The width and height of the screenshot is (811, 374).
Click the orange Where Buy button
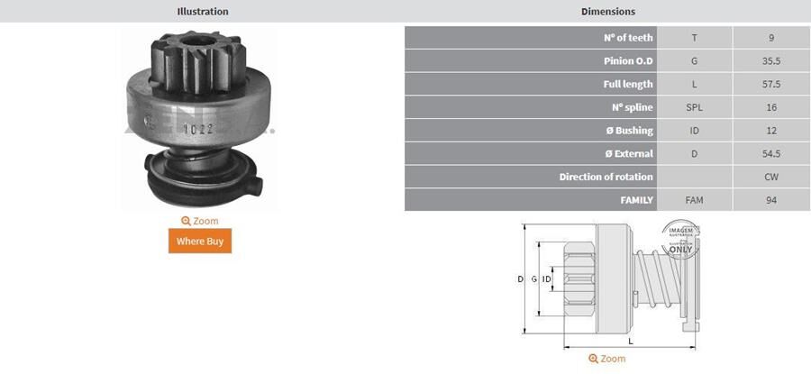(199, 241)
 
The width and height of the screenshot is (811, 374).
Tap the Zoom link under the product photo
(199, 221)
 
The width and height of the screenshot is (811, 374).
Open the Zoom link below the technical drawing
(607, 359)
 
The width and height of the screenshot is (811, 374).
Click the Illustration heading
(202, 12)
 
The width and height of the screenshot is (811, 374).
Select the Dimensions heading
(607, 12)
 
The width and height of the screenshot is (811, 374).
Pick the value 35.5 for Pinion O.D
(770, 61)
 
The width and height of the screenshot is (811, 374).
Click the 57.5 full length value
(770, 84)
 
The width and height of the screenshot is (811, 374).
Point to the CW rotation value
(770, 177)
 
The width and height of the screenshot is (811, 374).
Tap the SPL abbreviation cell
(694, 107)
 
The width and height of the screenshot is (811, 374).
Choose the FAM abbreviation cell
(694, 200)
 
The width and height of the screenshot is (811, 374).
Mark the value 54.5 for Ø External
(770, 153)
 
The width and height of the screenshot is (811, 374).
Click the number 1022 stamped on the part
(198, 128)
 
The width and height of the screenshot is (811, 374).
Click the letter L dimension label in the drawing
(630, 342)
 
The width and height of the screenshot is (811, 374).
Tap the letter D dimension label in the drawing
(520, 279)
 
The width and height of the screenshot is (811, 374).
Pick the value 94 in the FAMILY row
(770, 200)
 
